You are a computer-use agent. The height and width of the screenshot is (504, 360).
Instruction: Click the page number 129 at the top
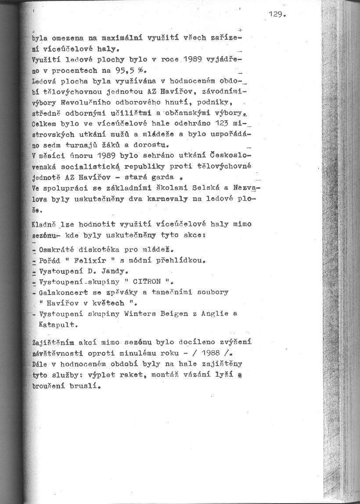click(277, 14)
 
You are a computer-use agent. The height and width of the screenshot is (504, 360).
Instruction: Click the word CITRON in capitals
click(149, 282)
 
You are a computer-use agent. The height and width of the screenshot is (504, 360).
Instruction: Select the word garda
click(163, 177)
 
